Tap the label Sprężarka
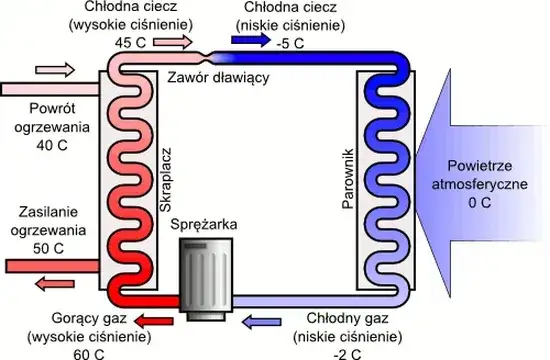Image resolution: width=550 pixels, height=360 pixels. (x=204, y=225)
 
